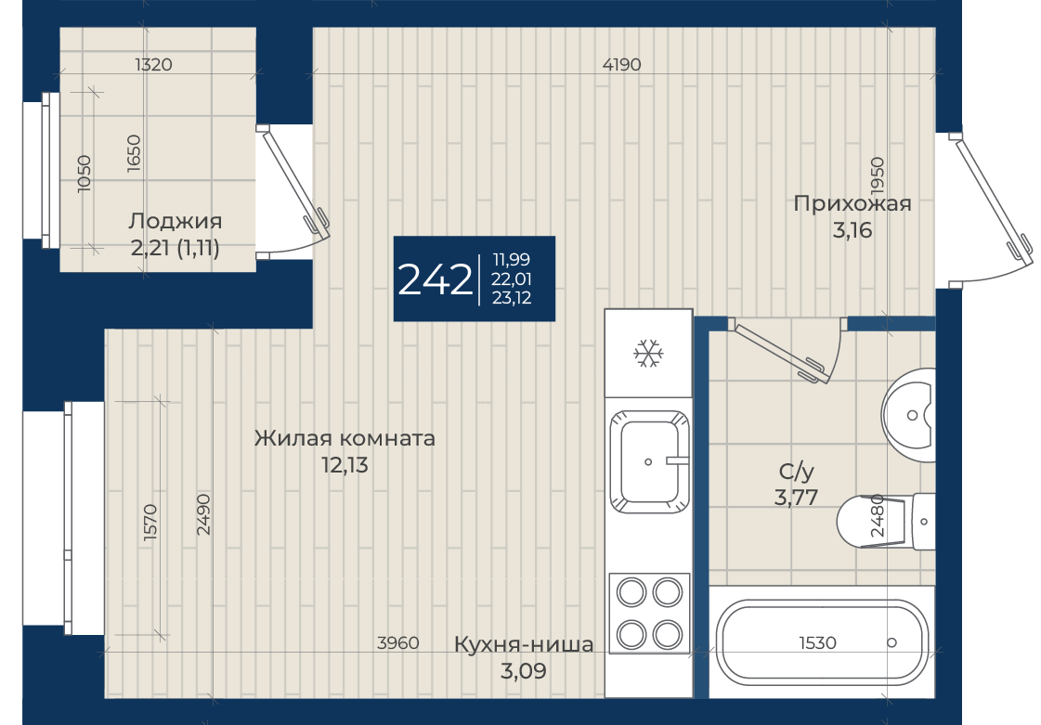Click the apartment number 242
[x=435, y=279]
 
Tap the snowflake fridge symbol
[x=648, y=353]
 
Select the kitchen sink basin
[x=648, y=461]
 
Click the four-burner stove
[x=648, y=612]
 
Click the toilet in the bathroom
[x=886, y=522]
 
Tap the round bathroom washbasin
[x=908, y=415]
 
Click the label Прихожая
[x=852, y=203]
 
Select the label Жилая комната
[x=345, y=438]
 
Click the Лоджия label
[x=176, y=221]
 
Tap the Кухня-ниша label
[x=524, y=644]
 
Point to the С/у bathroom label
[x=796, y=472]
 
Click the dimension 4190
[x=622, y=64]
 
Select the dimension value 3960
[x=397, y=642]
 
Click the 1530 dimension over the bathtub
[x=817, y=642]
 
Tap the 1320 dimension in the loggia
[x=153, y=64]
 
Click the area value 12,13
[x=345, y=465]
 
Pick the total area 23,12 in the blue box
[x=512, y=298]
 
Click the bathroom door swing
[x=790, y=352]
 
